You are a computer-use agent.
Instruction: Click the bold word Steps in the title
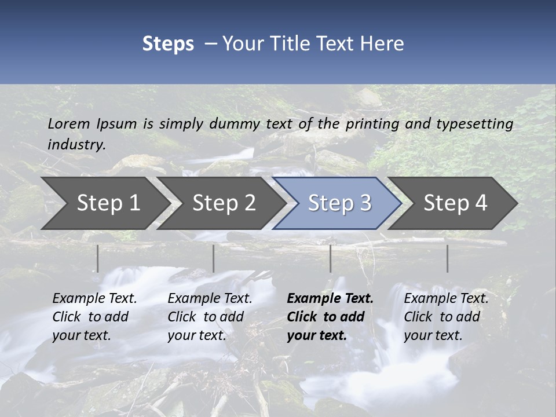click(x=168, y=44)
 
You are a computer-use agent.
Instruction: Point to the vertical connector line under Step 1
click(x=98, y=258)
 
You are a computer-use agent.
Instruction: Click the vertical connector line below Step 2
click(x=214, y=258)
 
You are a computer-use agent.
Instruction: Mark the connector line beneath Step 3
click(x=331, y=258)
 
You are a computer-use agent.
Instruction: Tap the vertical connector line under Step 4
click(x=448, y=258)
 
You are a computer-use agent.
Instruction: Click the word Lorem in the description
click(x=69, y=123)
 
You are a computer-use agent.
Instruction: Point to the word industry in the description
click(x=76, y=144)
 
